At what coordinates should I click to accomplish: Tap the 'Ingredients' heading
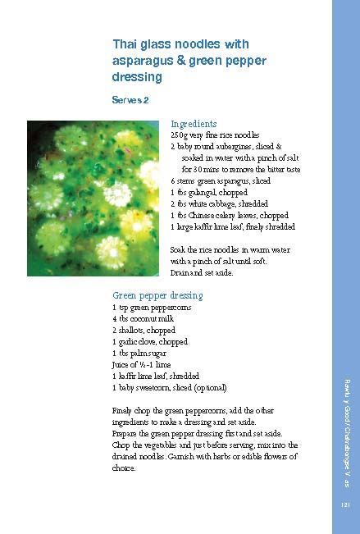click(194, 123)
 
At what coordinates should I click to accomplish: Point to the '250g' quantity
click(178, 134)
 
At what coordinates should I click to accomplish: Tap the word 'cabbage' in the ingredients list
click(217, 203)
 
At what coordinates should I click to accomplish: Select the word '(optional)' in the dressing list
click(208, 387)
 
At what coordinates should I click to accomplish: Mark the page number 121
click(345, 506)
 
